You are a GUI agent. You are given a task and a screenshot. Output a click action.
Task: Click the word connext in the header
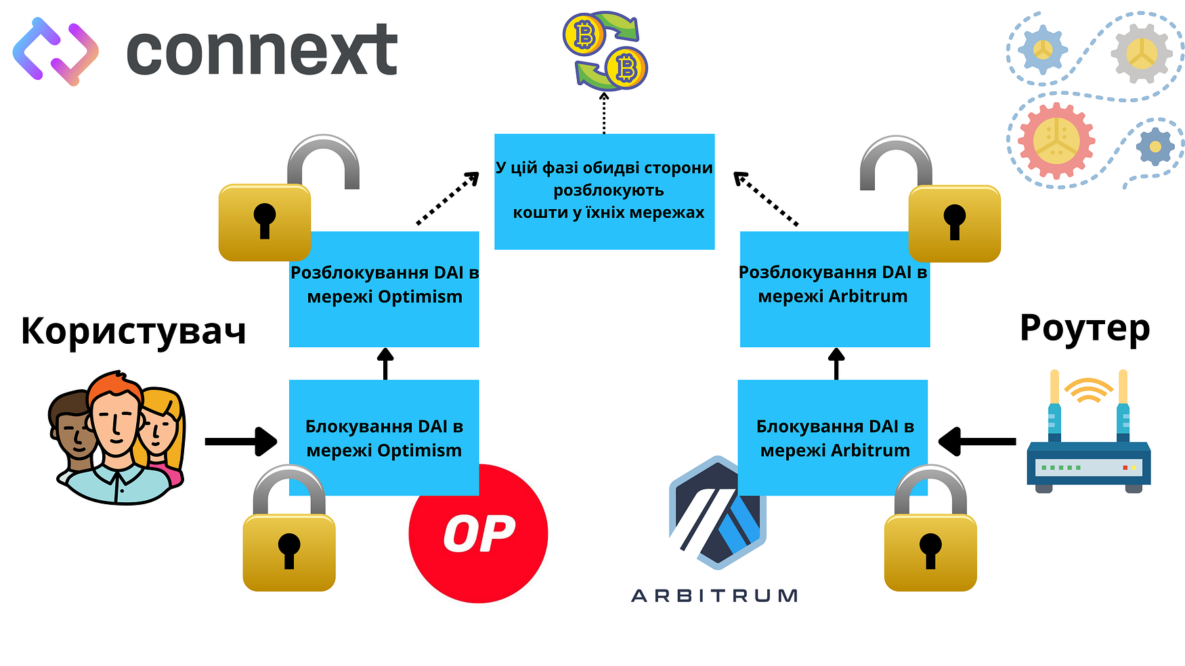point(261,50)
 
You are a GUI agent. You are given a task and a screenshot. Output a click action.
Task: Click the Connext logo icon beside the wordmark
point(56,51)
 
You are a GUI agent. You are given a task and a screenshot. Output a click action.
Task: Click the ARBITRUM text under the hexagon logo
point(714,596)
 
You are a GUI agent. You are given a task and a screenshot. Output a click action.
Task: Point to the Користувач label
point(133,331)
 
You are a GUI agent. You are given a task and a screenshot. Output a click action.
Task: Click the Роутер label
point(1085,328)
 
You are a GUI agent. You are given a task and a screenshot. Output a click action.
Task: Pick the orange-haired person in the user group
point(115,426)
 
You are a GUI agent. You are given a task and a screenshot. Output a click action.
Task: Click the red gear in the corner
point(1056,140)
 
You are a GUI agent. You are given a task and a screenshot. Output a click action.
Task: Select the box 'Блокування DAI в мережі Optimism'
point(384,437)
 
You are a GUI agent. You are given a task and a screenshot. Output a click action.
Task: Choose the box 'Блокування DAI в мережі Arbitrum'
point(834,437)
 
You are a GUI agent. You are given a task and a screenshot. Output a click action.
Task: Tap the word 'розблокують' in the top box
point(608,190)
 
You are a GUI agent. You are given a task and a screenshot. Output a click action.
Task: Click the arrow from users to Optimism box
point(240,441)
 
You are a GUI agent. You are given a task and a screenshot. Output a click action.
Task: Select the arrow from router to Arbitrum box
point(977,441)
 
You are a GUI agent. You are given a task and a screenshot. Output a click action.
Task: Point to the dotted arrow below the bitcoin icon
point(604,113)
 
